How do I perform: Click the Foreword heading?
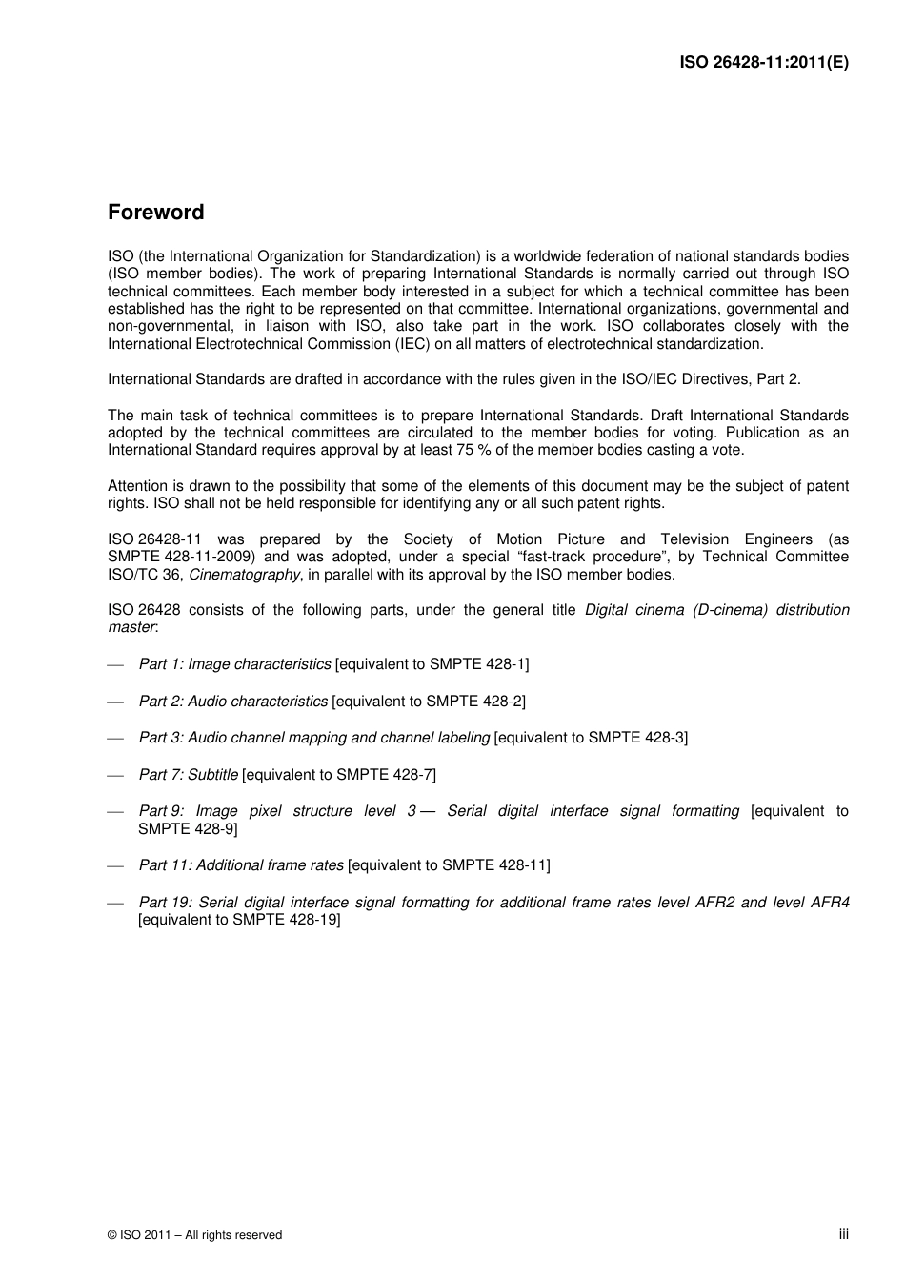(x=155, y=213)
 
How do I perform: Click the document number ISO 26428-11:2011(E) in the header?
(x=763, y=63)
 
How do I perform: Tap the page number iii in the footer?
(x=843, y=1233)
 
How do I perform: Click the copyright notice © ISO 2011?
(x=194, y=1235)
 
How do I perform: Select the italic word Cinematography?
(x=245, y=575)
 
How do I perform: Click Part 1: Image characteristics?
(x=234, y=664)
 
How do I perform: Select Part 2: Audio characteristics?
(x=232, y=701)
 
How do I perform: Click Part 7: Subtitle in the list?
(x=188, y=775)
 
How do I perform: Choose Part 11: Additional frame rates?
(x=241, y=865)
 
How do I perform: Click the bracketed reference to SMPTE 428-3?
(x=591, y=738)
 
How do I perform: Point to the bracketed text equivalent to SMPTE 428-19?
(x=239, y=921)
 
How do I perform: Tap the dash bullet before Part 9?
(x=116, y=812)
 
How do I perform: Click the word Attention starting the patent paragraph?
(x=137, y=486)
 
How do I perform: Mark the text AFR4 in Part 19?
(x=829, y=903)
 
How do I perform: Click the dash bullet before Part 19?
(x=116, y=904)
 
